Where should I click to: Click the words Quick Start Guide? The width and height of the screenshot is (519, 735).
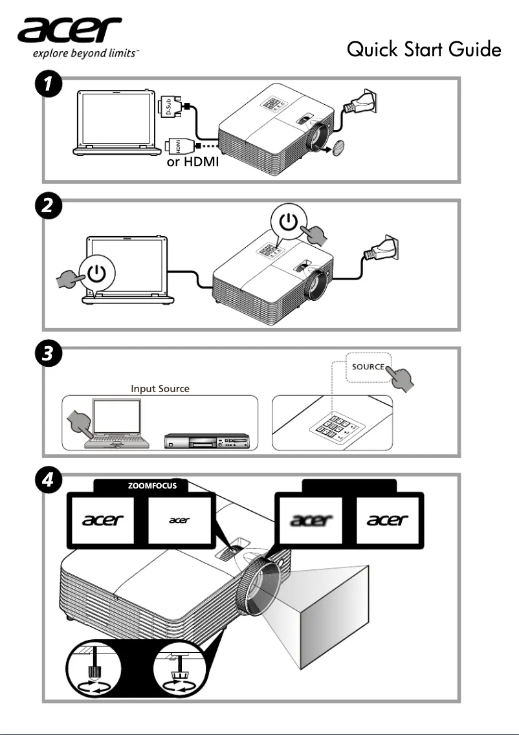pos(424,49)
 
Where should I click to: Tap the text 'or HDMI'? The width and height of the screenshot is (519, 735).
pos(193,162)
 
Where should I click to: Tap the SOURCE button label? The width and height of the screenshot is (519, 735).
pos(368,367)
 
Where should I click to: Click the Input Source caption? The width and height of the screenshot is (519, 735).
pos(160,389)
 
